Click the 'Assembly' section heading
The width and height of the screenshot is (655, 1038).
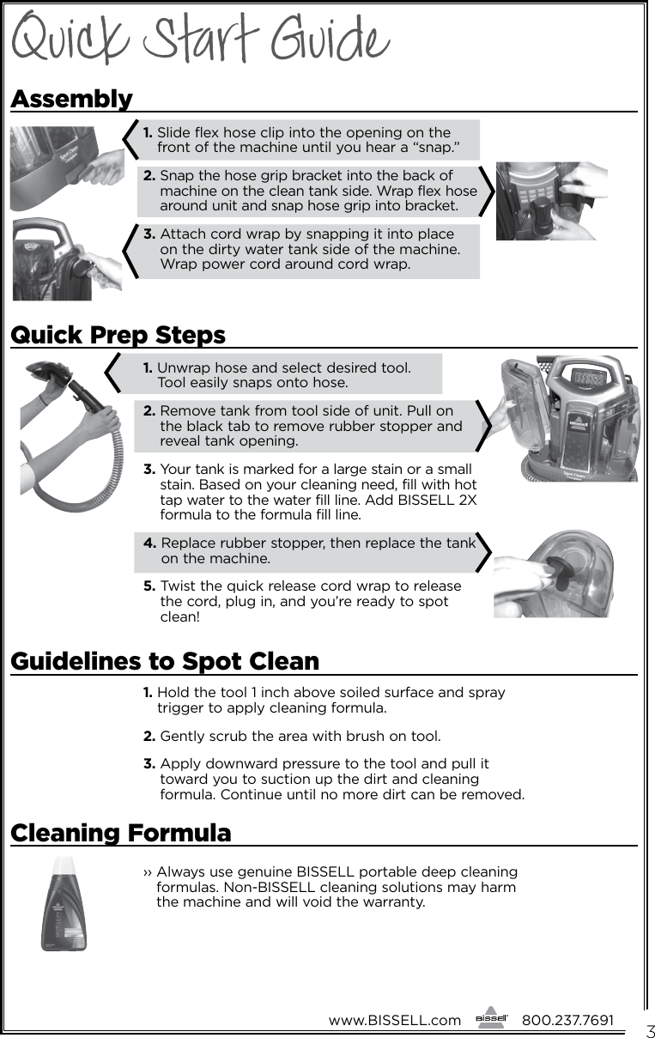[x=71, y=99]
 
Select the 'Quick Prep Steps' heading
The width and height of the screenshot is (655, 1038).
[x=118, y=334]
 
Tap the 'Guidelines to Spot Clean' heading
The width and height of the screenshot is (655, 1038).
[x=164, y=662]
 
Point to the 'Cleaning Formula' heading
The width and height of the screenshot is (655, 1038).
[x=120, y=833]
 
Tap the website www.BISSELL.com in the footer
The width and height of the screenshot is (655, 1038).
[x=394, y=1020]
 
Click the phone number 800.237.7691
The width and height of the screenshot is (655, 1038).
[x=567, y=1020]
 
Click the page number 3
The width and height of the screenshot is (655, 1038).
[x=650, y=1031]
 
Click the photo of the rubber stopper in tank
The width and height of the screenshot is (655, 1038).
[x=554, y=574]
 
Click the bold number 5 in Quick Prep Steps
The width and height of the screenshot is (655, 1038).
[x=149, y=586]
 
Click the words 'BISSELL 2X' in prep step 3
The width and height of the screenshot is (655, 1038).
[x=446, y=501]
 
